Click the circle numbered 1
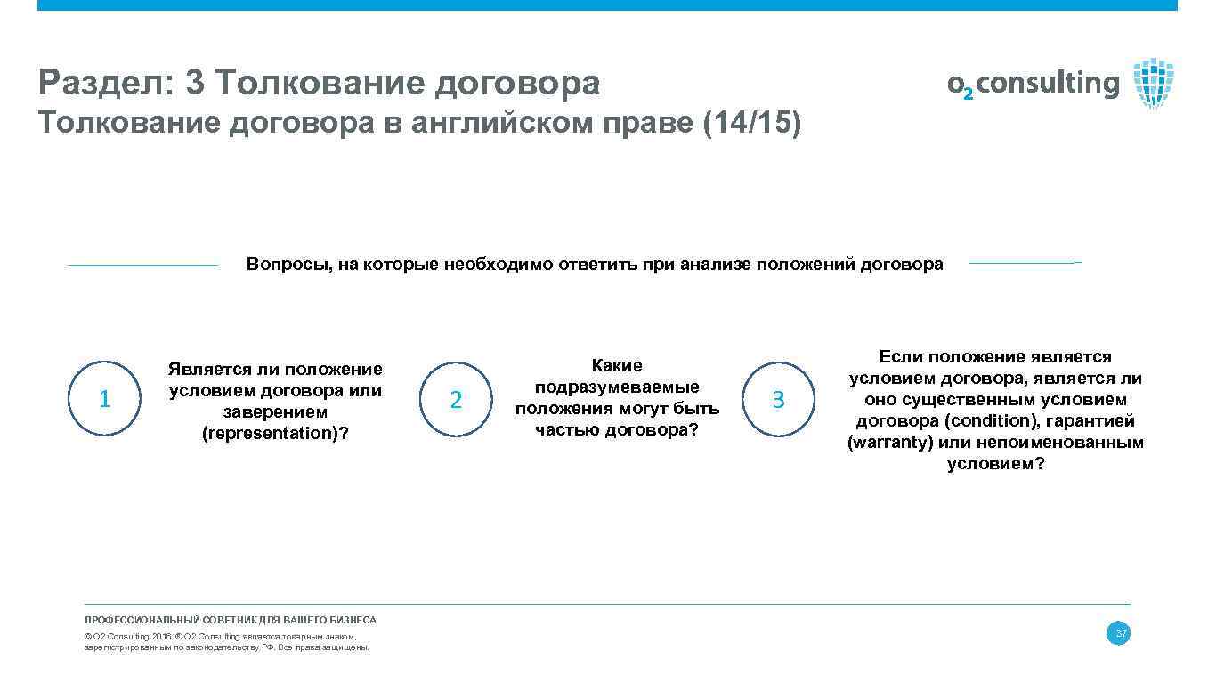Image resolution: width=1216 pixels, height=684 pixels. [105, 399]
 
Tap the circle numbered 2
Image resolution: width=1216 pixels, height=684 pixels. [456, 400]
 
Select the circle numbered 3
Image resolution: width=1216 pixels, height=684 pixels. [778, 400]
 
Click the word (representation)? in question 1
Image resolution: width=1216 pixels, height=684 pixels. [275, 434]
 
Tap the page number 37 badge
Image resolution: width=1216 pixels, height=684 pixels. [1118, 634]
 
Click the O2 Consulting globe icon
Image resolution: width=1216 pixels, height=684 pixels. [1153, 83]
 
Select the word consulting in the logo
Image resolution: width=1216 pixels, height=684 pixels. [1048, 84]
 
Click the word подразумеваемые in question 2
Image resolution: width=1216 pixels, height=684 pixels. [617, 387]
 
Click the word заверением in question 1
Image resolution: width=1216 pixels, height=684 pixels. [275, 412]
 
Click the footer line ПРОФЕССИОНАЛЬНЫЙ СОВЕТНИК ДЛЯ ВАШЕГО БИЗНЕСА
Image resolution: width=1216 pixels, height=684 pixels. [231, 620]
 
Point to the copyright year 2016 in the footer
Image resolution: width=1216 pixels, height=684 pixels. [162, 637]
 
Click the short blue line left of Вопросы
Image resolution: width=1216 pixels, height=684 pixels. [142, 265]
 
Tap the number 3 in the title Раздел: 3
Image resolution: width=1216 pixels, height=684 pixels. [196, 84]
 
